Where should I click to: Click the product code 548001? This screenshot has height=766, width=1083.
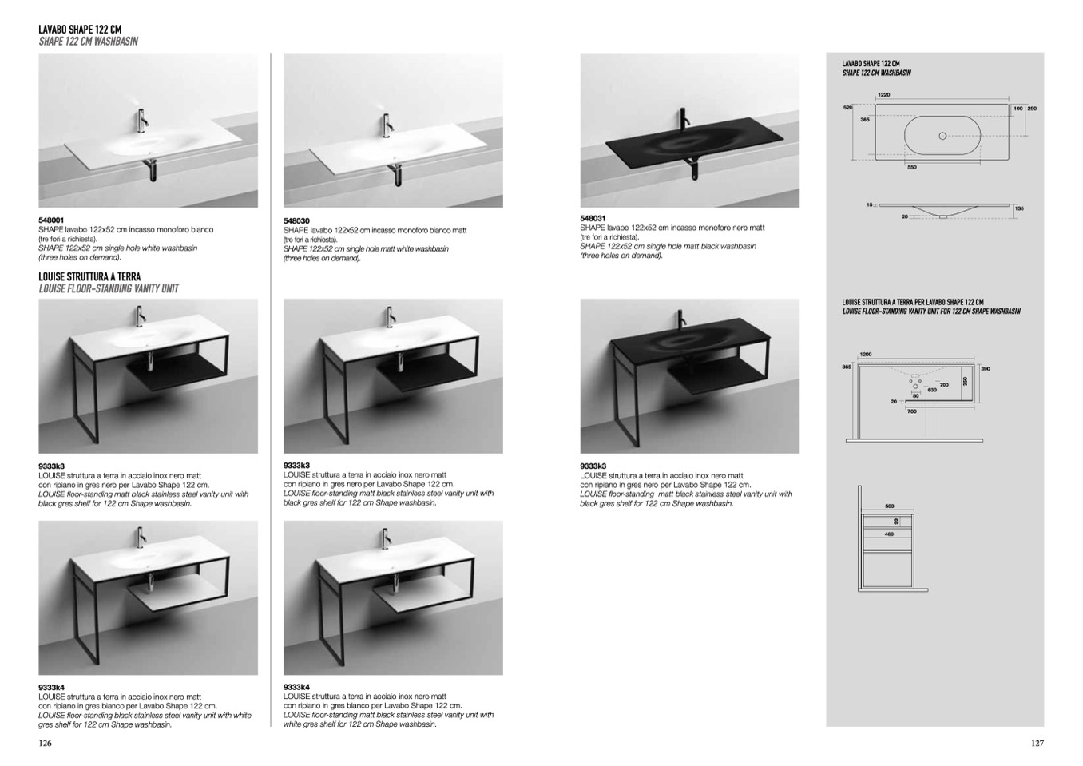click(x=51, y=220)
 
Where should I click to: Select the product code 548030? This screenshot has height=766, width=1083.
click(x=296, y=220)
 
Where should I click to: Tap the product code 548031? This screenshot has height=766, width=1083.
click(x=593, y=218)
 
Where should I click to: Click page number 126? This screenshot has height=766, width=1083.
click(x=45, y=743)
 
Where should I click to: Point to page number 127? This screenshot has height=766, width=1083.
click(x=1037, y=743)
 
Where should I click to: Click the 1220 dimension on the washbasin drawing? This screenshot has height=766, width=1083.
click(x=883, y=95)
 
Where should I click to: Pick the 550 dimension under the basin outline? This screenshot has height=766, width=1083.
click(x=912, y=167)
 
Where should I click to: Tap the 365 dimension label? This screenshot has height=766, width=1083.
click(x=865, y=119)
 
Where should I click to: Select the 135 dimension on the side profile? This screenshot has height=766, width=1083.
click(x=1019, y=208)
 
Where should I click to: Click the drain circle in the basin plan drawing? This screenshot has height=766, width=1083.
click(x=942, y=136)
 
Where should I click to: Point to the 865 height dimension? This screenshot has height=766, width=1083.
click(x=847, y=367)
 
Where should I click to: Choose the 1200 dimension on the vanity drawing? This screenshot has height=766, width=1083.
click(x=866, y=354)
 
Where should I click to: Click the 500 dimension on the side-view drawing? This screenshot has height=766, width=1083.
click(x=890, y=506)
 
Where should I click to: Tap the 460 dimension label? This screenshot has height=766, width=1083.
click(x=889, y=534)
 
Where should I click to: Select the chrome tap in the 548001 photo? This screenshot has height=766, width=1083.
click(x=141, y=121)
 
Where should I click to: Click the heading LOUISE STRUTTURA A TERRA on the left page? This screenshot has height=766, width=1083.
click(x=89, y=276)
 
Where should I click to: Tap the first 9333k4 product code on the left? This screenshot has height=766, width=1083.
click(x=51, y=687)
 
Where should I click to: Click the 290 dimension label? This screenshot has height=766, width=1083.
click(x=1032, y=108)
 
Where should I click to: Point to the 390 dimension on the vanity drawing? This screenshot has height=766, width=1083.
click(x=986, y=368)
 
